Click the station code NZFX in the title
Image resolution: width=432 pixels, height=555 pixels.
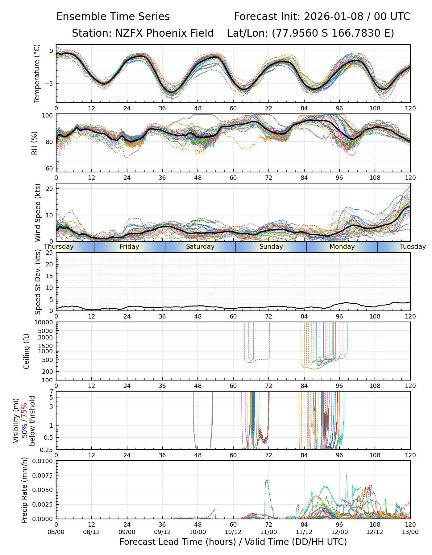click(x=127, y=33)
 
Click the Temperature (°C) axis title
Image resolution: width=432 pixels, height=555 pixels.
click(x=37, y=73)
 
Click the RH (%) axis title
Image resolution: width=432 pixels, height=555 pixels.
click(x=34, y=143)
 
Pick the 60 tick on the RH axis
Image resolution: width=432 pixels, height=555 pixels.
click(x=49, y=169)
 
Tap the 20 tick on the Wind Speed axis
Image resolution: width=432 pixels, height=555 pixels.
click(x=49, y=189)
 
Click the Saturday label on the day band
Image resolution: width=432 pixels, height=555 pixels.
click(x=200, y=247)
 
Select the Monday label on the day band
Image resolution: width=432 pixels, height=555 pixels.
click(x=342, y=247)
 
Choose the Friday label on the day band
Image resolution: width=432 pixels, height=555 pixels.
click(x=129, y=247)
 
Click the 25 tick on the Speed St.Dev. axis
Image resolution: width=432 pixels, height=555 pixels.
click(x=49, y=253)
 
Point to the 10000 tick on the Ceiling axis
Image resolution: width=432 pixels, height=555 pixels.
click(x=44, y=323)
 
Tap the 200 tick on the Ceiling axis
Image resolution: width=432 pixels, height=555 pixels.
click(x=48, y=372)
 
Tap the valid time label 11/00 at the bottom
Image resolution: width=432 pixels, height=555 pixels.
click(x=268, y=532)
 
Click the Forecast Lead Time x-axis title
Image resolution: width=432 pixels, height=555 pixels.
click(x=233, y=542)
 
